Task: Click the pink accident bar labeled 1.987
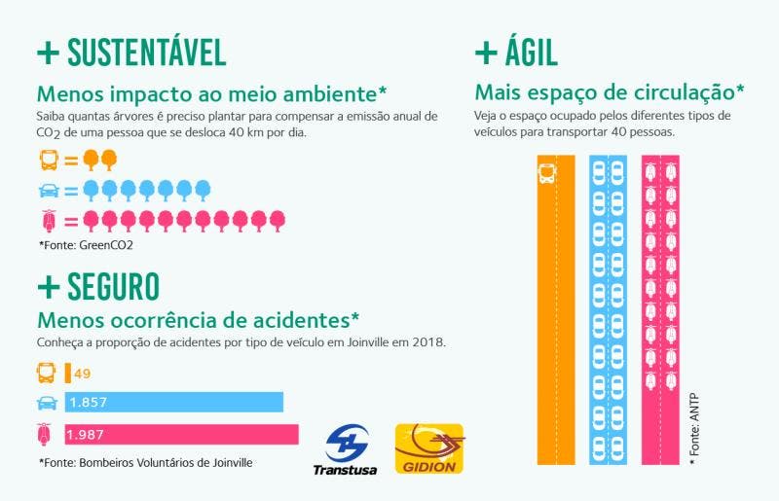pyautogui.click(x=181, y=433)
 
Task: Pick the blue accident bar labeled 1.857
pyautogui.click(x=173, y=402)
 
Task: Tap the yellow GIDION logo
pyautogui.click(x=428, y=449)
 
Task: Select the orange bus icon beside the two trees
pyautogui.click(x=48, y=159)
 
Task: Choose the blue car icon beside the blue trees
pyautogui.click(x=48, y=189)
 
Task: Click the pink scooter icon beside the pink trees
pyautogui.click(x=48, y=220)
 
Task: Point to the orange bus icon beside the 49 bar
pyautogui.click(x=46, y=372)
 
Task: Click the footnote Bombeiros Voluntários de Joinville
pyautogui.click(x=146, y=463)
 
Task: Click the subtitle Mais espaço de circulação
pyautogui.click(x=609, y=93)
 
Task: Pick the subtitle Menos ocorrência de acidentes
pyautogui.click(x=198, y=319)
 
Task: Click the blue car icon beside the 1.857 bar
pyautogui.click(x=46, y=403)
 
